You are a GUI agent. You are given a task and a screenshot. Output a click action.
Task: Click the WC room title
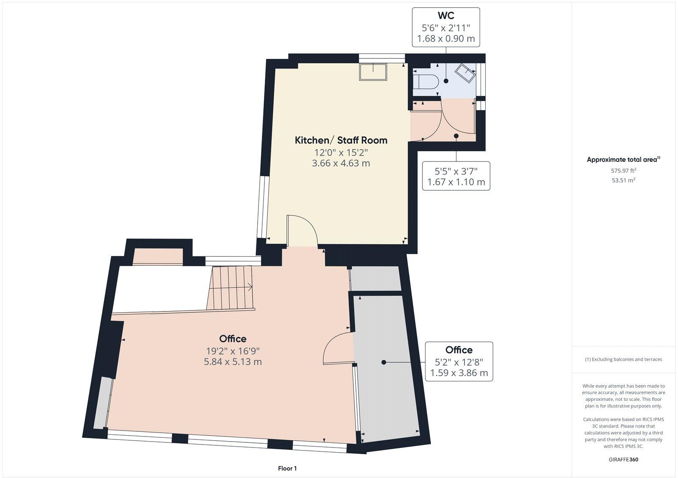(446, 16)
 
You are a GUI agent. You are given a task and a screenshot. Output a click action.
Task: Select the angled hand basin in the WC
(465, 73)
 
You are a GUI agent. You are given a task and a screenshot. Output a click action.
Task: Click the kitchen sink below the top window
(373, 72)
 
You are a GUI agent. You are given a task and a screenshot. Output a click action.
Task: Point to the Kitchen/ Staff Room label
(341, 140)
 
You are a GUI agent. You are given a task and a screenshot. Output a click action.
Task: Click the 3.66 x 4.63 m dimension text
(341, 163)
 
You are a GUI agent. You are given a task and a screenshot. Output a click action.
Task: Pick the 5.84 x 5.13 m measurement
(233, 362)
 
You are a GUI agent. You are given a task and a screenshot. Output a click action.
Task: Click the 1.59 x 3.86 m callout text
(459, 373)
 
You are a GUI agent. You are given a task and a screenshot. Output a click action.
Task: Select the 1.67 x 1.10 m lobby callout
(456, 182)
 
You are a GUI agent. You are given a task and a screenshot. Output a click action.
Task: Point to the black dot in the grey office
(383, 362)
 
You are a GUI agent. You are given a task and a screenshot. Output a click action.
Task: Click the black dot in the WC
(446, 81)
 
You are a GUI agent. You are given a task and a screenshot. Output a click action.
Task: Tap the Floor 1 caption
(287, 468)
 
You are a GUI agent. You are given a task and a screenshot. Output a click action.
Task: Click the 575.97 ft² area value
(623, 171)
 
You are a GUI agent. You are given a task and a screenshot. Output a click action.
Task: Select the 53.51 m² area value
(623, 180)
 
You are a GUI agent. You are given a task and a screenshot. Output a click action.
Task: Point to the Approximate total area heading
(623, 160)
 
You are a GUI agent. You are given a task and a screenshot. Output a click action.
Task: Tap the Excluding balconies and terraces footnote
(623, 359)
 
